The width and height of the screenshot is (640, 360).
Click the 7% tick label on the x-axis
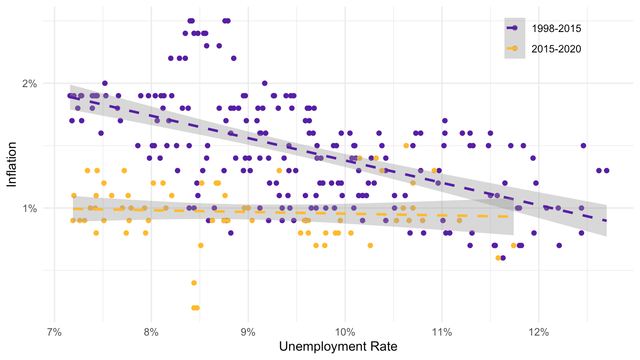[x=54, y=332]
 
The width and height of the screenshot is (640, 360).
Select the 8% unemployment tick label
[x=151, y=332]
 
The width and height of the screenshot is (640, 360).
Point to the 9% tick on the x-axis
[x=248, y=332]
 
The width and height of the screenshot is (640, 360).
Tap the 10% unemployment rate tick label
[x=344, y=332]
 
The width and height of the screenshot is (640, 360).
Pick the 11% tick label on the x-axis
[x=441, y=332]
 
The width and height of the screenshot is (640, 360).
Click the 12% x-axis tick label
[x=538, y=332]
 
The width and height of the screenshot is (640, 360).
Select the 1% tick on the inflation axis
[x=29, y=208]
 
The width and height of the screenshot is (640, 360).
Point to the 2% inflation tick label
[x=29, y=83]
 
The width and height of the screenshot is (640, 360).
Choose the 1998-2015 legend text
[x=556, y=28]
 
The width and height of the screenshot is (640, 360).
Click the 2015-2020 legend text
[x=556, y=49]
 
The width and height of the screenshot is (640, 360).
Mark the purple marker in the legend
[x=515, y=28]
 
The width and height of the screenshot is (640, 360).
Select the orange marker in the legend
[x=515, y=48]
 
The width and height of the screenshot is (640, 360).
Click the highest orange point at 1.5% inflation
[x=406, y=145]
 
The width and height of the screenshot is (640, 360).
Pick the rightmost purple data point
[x=606, y=171]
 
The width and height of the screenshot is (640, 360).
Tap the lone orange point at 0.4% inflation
[x=194, y=283]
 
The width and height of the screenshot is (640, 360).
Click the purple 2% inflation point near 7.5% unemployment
[x=105, y=83]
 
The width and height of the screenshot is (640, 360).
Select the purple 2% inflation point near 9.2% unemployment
[x=264, y=83]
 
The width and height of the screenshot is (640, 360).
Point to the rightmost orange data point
[x=514, y=245]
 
